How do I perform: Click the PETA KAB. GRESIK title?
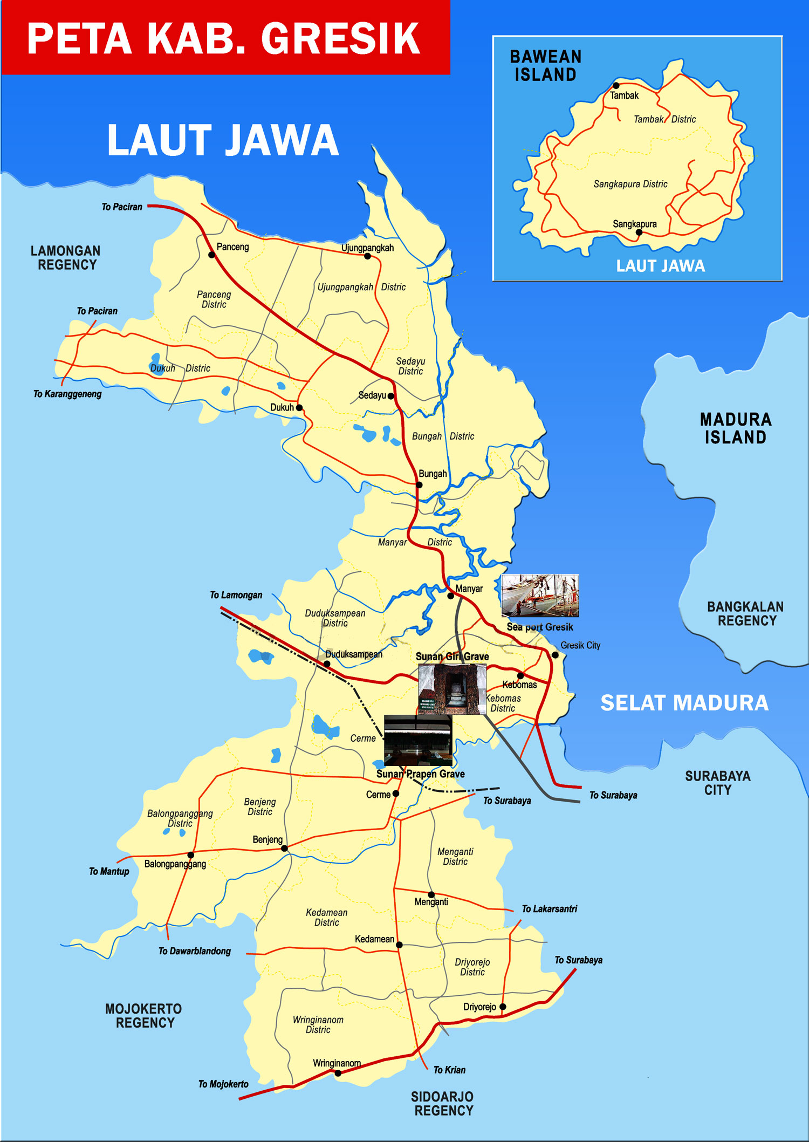coord(224,38)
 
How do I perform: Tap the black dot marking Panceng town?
coord(212,255)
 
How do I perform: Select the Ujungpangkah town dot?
coord(368,256)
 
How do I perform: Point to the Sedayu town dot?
coord(391,396)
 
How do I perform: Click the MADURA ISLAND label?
coord(735,428)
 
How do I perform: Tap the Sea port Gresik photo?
coord(540,596)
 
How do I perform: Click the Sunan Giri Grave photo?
coord(452,689)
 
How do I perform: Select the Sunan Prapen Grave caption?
coord(420,774)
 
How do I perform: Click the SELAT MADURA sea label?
coord(684,703)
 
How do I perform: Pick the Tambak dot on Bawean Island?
coord(616,85)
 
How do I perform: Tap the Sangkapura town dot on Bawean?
coord(639,232)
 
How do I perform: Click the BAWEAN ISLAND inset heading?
coord(545,66)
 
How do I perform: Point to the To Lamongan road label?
coord(236,595)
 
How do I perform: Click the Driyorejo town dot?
coord(503,1007)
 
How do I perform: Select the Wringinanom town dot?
coord(338,1073)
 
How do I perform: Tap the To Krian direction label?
coord(449,1070)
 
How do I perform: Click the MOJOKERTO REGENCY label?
coord(143,1016)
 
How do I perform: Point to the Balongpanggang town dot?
coord(190,855)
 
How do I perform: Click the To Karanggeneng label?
coord(67,394)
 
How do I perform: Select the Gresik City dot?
coord(555,655)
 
